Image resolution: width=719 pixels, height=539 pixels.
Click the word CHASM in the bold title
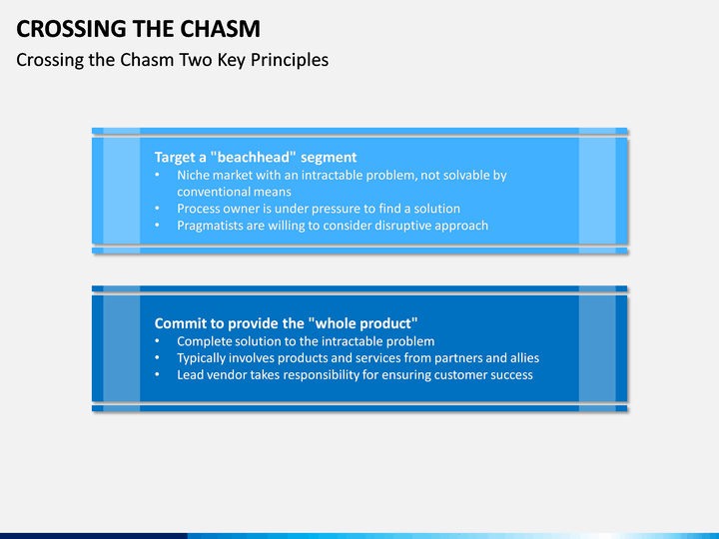click(x=220, y=29)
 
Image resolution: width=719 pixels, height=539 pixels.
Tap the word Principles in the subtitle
click(x=290, y=61)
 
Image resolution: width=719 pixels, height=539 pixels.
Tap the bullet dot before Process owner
click(x=158, y=209)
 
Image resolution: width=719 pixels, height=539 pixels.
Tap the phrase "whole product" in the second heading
click(x=362, y=323)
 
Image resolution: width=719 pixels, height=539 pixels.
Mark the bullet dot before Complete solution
click(x=158, y=341)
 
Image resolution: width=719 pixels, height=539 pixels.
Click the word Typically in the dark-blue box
click(x=201, y=358)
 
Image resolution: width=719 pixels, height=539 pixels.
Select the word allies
click(x=524, y=358)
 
